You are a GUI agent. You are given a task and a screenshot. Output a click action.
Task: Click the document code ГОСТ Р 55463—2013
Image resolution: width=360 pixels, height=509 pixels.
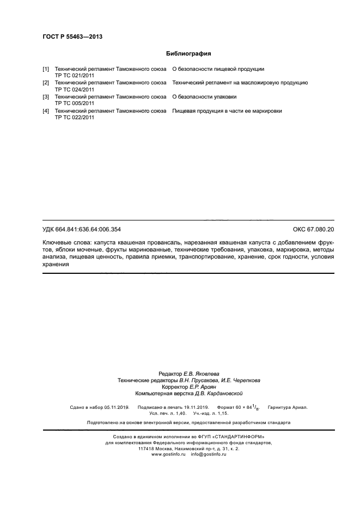72,37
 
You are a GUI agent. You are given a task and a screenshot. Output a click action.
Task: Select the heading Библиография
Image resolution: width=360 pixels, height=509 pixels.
188,54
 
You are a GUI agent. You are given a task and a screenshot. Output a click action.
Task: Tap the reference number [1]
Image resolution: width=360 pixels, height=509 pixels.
46,69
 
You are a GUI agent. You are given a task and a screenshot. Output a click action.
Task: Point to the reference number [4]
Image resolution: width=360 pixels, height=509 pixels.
46,111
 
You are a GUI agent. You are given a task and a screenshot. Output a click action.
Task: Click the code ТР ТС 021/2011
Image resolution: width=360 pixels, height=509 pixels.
75,76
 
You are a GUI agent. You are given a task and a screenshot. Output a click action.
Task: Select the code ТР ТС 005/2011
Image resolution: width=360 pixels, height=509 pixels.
75,103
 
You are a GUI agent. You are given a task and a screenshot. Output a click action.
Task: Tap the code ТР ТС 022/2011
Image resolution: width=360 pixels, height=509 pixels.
75,118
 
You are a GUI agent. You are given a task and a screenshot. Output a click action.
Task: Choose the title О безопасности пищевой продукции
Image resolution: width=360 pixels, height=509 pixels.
218,69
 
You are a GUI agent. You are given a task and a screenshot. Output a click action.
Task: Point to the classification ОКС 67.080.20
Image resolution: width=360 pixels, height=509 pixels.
313,229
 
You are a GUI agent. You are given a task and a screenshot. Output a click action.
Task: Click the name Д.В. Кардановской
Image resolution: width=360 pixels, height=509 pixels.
212,393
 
